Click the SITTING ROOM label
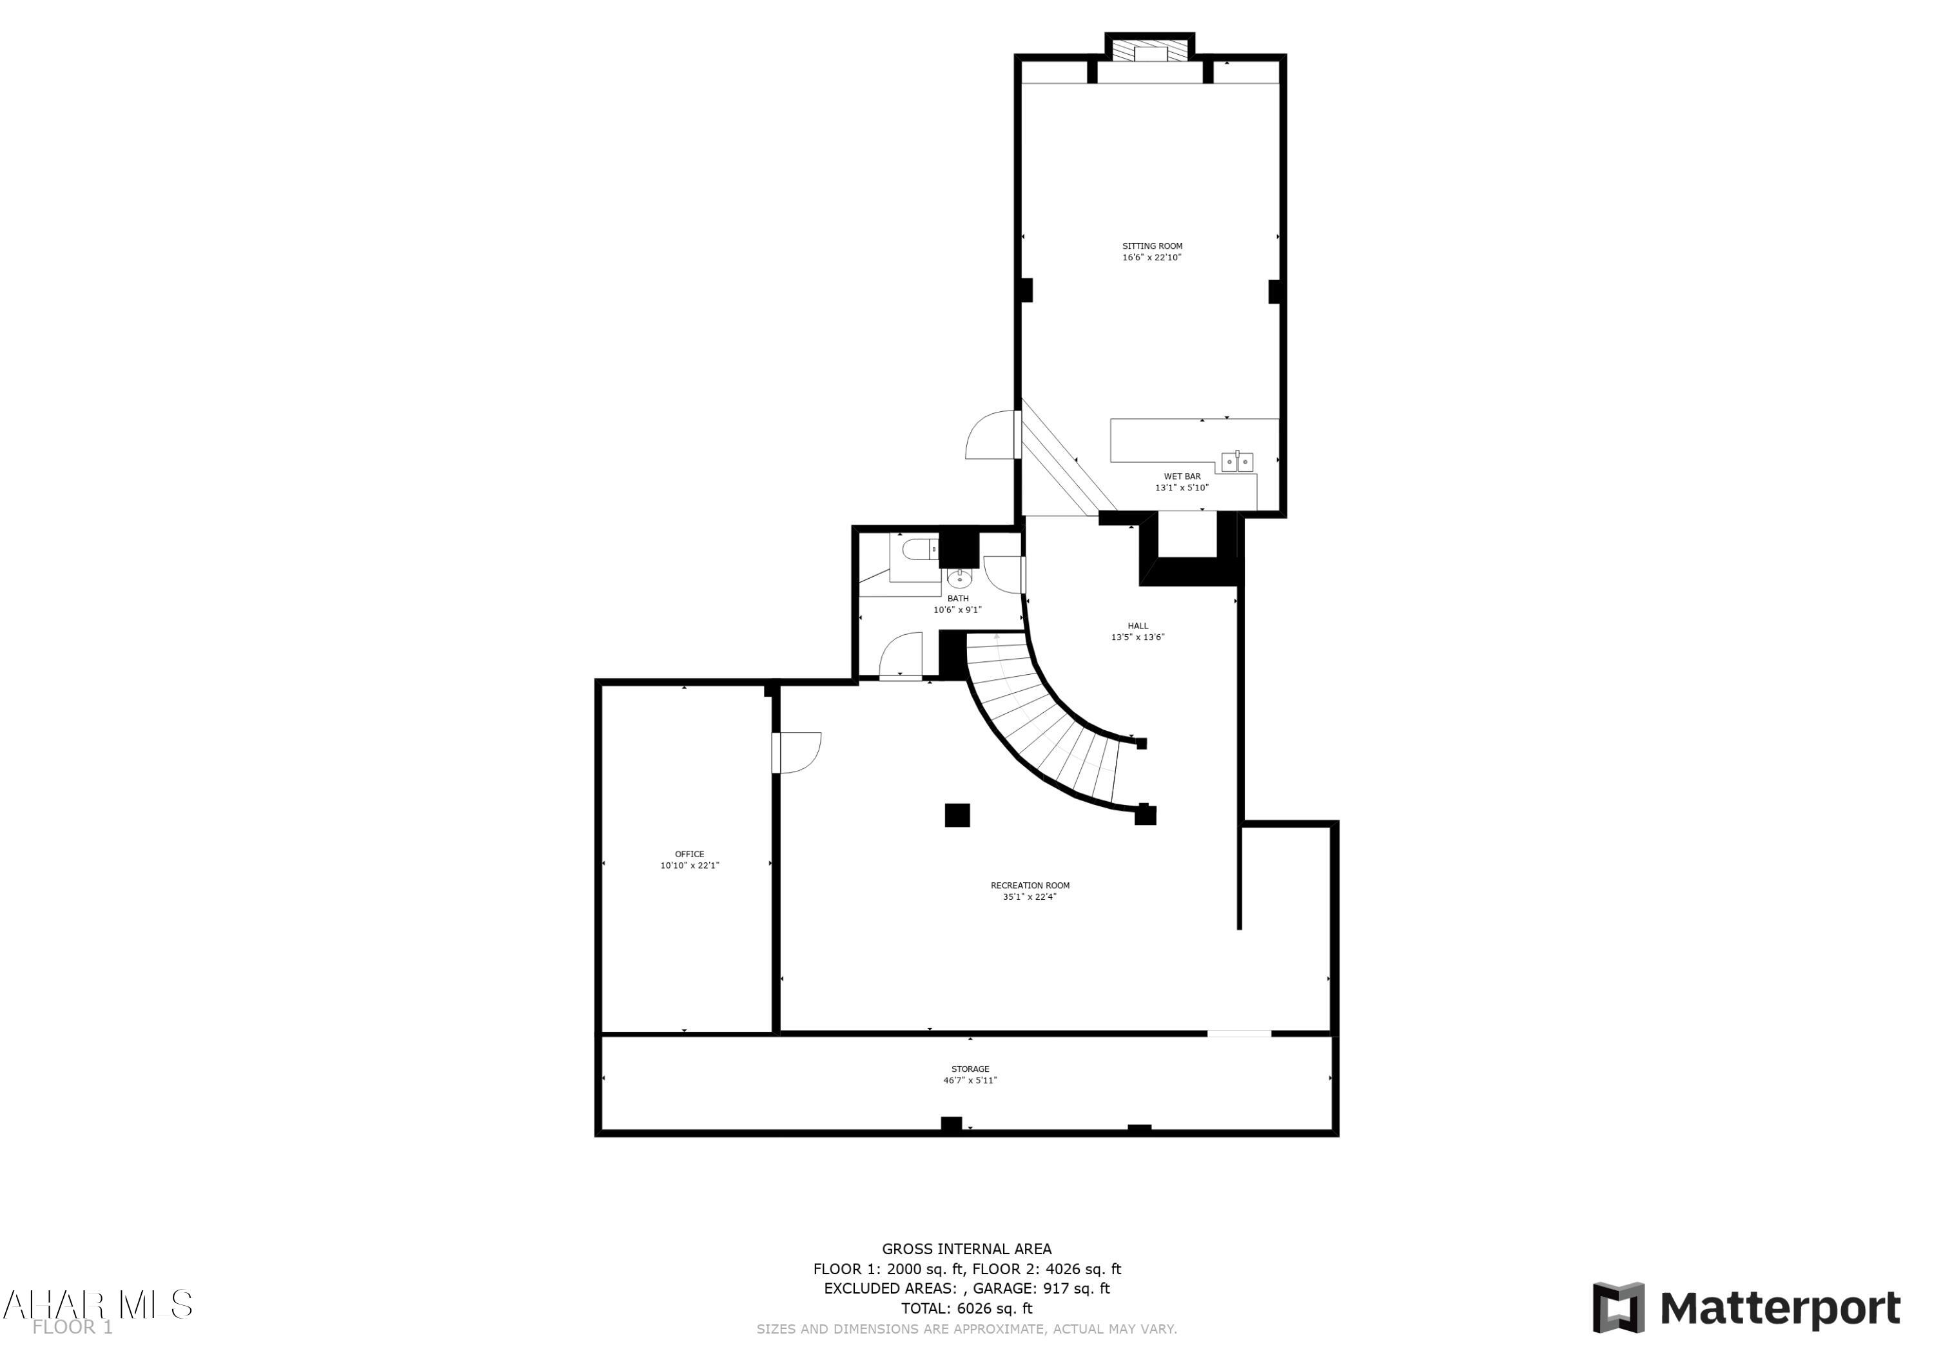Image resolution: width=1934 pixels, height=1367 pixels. click(1151, 247)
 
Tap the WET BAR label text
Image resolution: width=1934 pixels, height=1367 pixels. click(1182, 477)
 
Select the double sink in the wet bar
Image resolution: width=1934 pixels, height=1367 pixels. click(1236, 462)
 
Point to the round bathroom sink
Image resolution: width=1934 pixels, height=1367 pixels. click(959, 577)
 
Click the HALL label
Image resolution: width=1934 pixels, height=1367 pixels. click(1137, 626)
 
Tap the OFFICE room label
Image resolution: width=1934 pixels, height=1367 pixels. click(689, 854)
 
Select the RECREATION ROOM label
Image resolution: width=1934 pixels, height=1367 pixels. click(1030, 885)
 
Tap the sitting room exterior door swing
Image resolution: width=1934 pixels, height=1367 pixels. click(991, 436)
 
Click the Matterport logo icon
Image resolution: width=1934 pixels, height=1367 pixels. click(1617, 1308)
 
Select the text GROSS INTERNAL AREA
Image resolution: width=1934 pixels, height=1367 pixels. click(966, 1249)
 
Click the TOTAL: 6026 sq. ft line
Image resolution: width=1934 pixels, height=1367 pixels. click(966, 1308)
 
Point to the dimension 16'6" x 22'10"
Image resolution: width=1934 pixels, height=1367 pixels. click(1151, 258)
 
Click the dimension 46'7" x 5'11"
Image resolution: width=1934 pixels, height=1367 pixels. click(970, 1081)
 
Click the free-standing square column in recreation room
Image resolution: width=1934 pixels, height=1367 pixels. click(957, 815)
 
